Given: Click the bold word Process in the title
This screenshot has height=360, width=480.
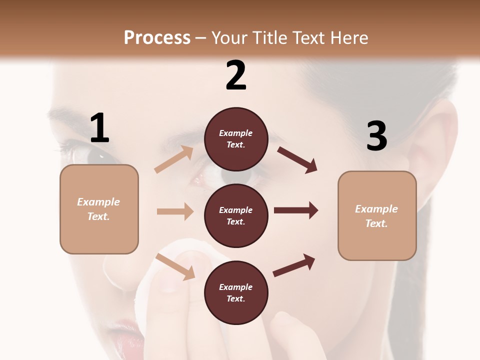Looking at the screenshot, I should click(x=157, y=37).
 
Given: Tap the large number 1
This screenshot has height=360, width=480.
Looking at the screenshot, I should click(x=99, y=128).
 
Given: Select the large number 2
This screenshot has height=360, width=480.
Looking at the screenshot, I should click(x=236, y=75).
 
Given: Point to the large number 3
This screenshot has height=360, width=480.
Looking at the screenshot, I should click(x=376, y=136).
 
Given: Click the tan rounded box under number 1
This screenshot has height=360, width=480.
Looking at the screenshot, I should click(x=99, y=209).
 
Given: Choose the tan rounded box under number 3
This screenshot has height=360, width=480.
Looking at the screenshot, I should click(x=377, y=215).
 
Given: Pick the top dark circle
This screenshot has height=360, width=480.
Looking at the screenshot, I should click(x=236, y=139).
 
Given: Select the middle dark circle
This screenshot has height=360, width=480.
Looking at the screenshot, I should click(x=236, y=215).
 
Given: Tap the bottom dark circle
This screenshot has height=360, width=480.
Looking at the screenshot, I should click(x=236, y=292).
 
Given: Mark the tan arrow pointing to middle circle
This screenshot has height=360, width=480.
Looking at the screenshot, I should click(x=175, y=211).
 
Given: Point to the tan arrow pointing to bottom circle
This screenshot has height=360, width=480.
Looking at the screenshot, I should click(x=175, y=266).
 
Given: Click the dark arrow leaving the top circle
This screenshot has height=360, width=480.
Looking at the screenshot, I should click(x=297, y=160).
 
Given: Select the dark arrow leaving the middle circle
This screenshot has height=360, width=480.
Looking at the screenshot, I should click(x=295, y=210).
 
